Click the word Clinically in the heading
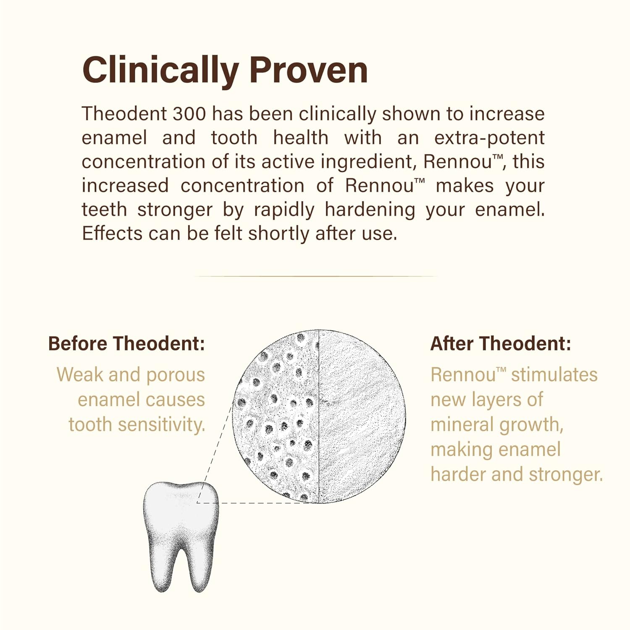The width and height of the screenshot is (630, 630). [160, 70]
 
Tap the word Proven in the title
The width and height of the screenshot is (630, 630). [309, 70]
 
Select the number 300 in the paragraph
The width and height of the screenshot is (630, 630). [189, 114]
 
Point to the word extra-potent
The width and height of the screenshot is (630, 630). [489, 138]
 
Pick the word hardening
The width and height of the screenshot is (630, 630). [370, 210]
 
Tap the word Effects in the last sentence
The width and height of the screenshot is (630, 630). [112, 234]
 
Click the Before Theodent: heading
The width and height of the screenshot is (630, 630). [126, 344]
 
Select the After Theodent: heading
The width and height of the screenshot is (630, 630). [501, 344]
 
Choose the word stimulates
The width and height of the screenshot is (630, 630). [554, 375]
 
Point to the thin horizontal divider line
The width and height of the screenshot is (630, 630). [315, 276]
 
